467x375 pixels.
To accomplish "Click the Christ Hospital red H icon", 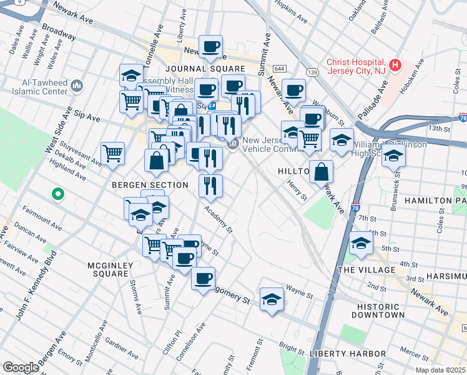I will pyautogui.click(x=395, y=64).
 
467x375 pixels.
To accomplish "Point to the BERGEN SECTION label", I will pyautogui.click(x=150, y=185).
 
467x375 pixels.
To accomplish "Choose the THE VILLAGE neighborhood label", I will pyautogui.click(x=366, y=269).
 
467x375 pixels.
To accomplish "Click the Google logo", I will pyautogui.click(x=21, y=367).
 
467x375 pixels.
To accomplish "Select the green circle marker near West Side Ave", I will pyautogui.click(x=57, y=194).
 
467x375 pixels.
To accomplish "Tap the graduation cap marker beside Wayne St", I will pyautogui.click(x=272, y=301).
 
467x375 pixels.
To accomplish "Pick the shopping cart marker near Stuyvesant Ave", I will pyautogui.click(x=112, y=153).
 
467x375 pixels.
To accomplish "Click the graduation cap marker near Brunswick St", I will pyautogui.click(x=393, y=156).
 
